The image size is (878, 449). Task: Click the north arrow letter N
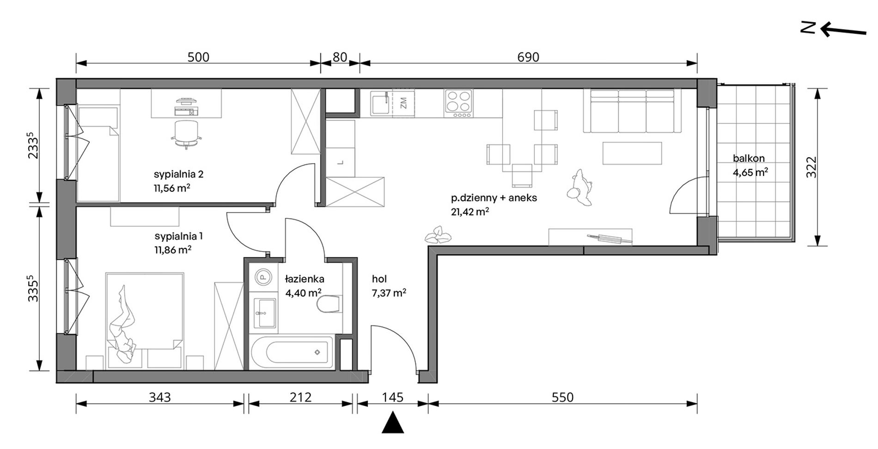808,28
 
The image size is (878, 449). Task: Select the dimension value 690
528,57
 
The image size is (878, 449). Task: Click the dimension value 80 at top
340,57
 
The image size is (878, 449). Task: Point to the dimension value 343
160,397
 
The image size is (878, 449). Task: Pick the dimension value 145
393,397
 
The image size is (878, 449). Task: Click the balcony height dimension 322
812,167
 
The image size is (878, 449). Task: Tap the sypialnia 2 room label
178,174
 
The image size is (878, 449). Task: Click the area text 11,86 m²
173,250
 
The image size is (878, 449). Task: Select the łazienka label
304,279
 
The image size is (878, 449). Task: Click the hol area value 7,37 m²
389,293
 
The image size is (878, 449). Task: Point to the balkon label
749,159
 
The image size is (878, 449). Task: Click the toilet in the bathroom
330,304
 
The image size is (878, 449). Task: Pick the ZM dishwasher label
403,103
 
